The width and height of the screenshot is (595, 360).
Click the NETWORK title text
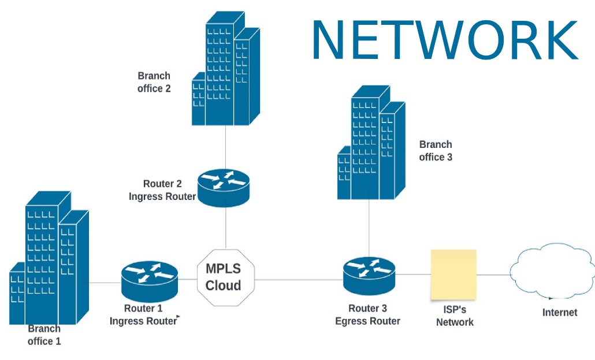[444, 39]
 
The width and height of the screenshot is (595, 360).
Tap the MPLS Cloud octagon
[225, 277]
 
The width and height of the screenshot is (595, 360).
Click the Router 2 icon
[224, 186]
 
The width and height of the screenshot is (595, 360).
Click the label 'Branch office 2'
[154, 82]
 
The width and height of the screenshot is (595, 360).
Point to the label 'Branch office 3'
[436, 151]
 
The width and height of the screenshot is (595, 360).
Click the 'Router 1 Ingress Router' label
[143, 315]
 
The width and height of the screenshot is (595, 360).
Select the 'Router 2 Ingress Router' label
[162, 190]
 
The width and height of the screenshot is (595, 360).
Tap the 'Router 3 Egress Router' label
[367, 315]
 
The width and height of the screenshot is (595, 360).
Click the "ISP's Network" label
[455, 317]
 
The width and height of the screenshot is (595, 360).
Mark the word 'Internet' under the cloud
[559, 313]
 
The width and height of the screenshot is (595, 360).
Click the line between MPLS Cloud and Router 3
[297, 280]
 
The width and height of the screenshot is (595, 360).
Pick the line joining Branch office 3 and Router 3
[369, 228]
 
